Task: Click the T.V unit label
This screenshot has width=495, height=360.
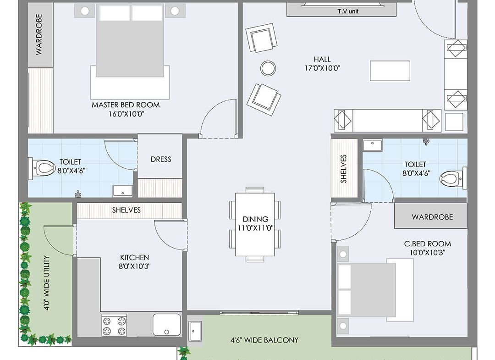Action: [x=348, y=11]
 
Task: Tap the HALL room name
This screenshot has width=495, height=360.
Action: [x=322, y=59]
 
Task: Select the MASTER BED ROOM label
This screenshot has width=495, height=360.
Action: [x=126, y=105]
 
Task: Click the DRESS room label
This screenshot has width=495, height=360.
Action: [x=161, y=159]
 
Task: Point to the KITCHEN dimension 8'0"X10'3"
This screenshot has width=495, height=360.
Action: [x=134, y=266]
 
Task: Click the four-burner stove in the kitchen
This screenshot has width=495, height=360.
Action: [x=114, y=325]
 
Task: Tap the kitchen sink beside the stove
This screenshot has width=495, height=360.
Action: [x=167, y=325]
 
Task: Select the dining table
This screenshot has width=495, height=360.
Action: [x=255, y=225]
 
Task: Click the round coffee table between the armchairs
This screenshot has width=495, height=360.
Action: [x=268, y=68]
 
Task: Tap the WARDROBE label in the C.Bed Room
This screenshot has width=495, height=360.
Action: [x=432, y=217]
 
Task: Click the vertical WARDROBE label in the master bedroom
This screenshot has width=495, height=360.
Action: [x=39, y=34]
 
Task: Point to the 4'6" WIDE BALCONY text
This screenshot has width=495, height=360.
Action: [x=264, y=340]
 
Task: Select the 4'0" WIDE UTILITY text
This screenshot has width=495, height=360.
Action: [x=46, y=282]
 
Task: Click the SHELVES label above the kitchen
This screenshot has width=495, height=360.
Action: [x=126, y=210]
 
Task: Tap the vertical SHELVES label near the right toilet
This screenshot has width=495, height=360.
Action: [x=343, y=169]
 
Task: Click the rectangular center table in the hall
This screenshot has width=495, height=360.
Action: [x=390, y=71]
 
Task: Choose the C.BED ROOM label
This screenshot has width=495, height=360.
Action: [x=428, y=244]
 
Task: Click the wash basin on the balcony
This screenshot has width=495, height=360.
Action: [x=195, y=331]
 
